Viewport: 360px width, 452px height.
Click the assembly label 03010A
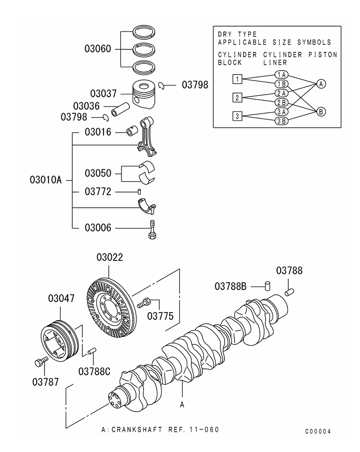coord(45,180)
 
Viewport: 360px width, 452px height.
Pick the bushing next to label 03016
coord(132,131)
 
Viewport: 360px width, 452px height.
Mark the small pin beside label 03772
coord(140,192)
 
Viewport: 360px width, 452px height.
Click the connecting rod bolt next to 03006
coord(152,228)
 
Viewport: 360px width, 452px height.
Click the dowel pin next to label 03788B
coord(267,285)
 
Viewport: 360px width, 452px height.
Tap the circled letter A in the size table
coord(321,84)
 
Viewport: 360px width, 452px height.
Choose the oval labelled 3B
coord(281,121)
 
